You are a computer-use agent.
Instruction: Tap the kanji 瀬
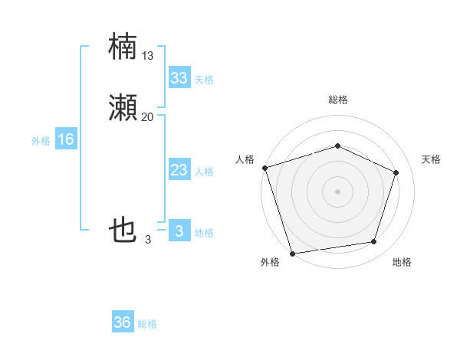coord(123,108)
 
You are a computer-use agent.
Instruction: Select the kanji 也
coord(123,230)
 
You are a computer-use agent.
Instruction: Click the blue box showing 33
coord(179,78)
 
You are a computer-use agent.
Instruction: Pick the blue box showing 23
coord(179,170)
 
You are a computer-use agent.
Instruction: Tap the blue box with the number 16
coord(65,139)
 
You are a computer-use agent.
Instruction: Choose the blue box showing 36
coord(122,322)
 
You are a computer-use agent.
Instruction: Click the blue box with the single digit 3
coord(179,231)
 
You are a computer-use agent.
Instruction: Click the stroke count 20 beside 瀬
coord(148,116)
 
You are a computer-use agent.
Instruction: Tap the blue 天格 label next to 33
coord(204,80)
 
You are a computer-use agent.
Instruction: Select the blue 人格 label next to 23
coord(204,172)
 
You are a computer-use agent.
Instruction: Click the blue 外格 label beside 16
coord(41,141)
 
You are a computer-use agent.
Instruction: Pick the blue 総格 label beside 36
coord(147,324)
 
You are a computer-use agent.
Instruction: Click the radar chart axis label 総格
coord(337,100)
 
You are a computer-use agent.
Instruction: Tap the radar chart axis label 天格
coord(431,159)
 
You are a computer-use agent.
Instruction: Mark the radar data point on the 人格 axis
coord(264,168)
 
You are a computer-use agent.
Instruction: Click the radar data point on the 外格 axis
coord(292,252)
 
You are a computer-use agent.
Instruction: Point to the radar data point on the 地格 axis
coord(373,242)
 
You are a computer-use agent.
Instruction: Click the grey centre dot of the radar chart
coord(337,191)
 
